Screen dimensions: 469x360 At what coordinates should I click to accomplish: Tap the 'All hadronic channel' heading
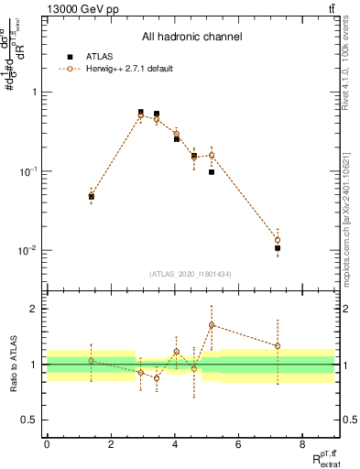click(x=191, y=38)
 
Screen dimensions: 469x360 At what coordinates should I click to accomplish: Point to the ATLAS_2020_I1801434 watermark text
click(x=191, y=274)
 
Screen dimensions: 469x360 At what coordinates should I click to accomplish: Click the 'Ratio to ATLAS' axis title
click(x=12, y=365)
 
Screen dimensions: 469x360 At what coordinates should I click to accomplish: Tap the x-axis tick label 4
click(x=175, y=444)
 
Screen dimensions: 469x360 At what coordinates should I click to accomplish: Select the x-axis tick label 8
click(x=302, y=444)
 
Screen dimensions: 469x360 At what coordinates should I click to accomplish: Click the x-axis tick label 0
click(x=47, y=444)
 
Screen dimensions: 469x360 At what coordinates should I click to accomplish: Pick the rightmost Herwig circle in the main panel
click(x=278, y=240)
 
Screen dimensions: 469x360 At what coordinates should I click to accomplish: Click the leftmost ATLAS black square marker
click(x=92, y=196)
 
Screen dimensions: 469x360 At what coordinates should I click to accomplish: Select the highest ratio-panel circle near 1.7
click(x=212, y=325)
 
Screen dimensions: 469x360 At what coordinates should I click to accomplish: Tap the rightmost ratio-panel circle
click(x=278, y=345)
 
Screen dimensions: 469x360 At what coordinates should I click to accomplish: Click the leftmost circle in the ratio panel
click(x=92, y=361)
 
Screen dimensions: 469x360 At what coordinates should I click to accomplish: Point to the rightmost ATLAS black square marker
click(x=278, y=248)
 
